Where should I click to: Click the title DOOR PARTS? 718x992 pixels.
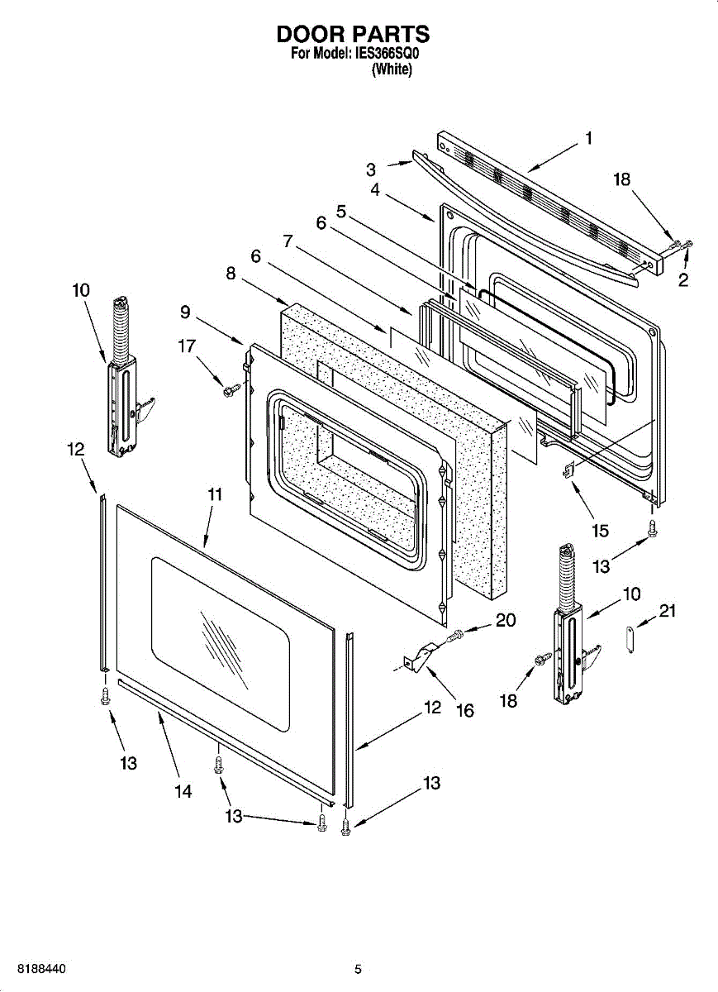[353, 34]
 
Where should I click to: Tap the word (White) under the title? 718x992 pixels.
[392, 70]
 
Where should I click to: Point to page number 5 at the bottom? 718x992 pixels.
[358, 969]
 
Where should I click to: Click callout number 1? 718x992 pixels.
[588, 139]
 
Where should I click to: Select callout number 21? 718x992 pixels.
[668, 611]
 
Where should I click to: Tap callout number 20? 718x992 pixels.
[505, 620]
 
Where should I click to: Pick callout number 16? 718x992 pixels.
[464, 709]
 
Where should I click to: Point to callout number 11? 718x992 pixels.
[215, 494]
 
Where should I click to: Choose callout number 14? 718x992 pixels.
[183, 791]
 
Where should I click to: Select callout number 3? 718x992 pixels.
[371, 169]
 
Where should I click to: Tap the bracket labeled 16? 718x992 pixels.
[421, 658]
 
